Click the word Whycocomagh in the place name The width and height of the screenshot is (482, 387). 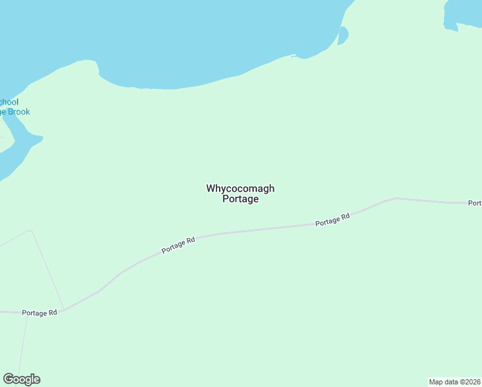click(x=240, y=188)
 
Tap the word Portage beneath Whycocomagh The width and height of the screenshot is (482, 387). click(x=240, y=199)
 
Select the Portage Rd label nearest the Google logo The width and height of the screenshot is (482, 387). click(x=39, y=313)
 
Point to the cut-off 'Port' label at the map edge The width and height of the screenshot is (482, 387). click(x=475, y=203)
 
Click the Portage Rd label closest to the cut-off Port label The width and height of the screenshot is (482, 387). click(x=333, y=219)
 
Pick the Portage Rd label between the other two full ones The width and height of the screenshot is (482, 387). click(x=178, y=245)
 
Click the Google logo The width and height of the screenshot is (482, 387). click(x=21, y=379)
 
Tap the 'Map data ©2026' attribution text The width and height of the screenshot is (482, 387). click(x=455, y=381)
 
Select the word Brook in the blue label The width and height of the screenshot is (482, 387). click(x=19, y=112)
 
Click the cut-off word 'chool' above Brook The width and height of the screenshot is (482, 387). click(x=9, y=102)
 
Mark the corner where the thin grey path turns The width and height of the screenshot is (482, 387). click(x=31, y=230)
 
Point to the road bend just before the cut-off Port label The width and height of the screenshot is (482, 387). click(x=396, y=198)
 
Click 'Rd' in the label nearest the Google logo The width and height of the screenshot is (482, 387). click(x=52, y=313)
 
